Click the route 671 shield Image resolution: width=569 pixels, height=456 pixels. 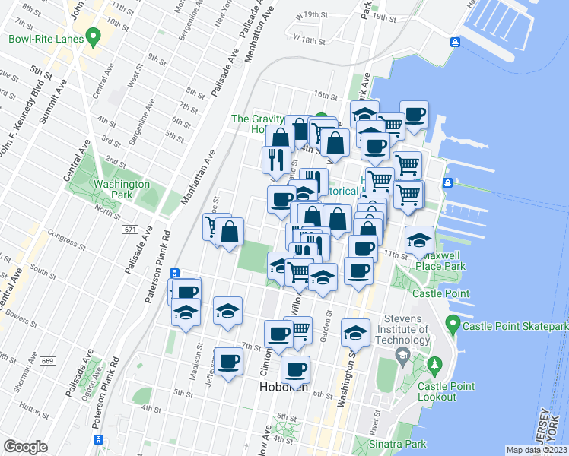[x=130, y=229]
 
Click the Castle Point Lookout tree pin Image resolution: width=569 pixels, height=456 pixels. [x=435, y=367]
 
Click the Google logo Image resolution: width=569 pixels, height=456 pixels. [x=26, y=447]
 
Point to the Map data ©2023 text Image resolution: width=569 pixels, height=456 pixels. [x=537, y=450]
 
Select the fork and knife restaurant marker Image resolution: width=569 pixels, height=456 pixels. [x=274, y=160]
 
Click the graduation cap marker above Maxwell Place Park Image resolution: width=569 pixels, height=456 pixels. [x=418, y=240]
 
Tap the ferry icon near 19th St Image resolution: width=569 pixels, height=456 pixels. [x=454, y=42]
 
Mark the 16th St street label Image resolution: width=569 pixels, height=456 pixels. [x=325, y=96]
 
